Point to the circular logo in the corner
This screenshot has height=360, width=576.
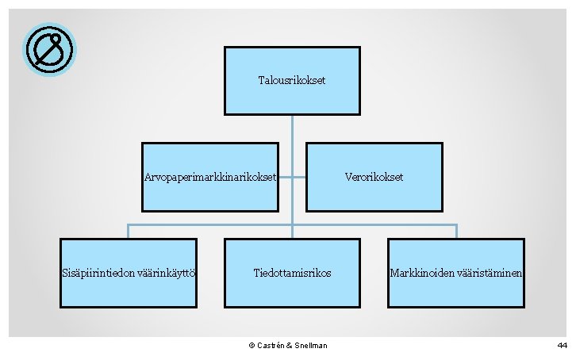[50, 50]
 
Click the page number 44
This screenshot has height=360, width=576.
[562, 346]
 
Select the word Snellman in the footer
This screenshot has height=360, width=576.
[310, 346]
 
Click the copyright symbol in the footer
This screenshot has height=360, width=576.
[252, 346]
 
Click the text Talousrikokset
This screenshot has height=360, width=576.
[292, 81]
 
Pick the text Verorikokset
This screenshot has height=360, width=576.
[374, 177]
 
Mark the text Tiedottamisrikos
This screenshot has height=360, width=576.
[292, 273]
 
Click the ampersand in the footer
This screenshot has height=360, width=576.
[289, 346]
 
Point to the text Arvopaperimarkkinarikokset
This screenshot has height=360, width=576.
[209, 177]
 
